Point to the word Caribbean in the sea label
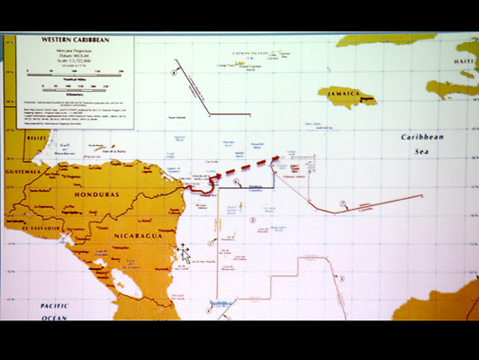pos(421,137)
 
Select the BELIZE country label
pos(13,139)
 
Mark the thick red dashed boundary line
pos(243,168)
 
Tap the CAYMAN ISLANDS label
pos(249,54)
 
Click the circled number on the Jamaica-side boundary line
pos(342,202)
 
